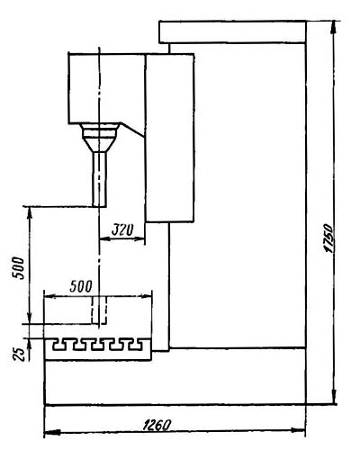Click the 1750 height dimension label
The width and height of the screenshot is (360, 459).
328,238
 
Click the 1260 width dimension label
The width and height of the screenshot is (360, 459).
157,425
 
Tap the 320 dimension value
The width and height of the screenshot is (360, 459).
122,230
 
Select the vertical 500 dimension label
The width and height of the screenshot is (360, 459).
19,268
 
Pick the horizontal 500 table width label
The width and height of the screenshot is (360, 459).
81,286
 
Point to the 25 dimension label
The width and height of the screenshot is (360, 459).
19,354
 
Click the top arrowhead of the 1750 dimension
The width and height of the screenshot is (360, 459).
334,27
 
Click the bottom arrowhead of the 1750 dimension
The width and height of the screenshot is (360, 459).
334,397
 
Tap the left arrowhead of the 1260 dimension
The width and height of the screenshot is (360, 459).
52,433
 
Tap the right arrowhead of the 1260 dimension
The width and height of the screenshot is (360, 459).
299,430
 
